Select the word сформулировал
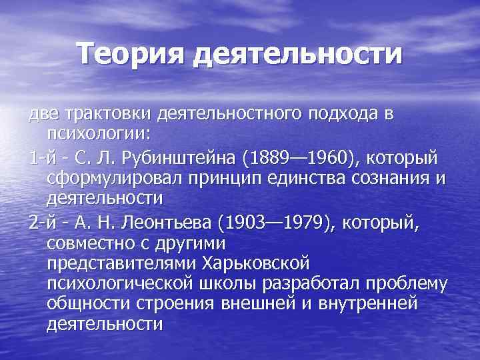pyautogui.click(x=118, y=178)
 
